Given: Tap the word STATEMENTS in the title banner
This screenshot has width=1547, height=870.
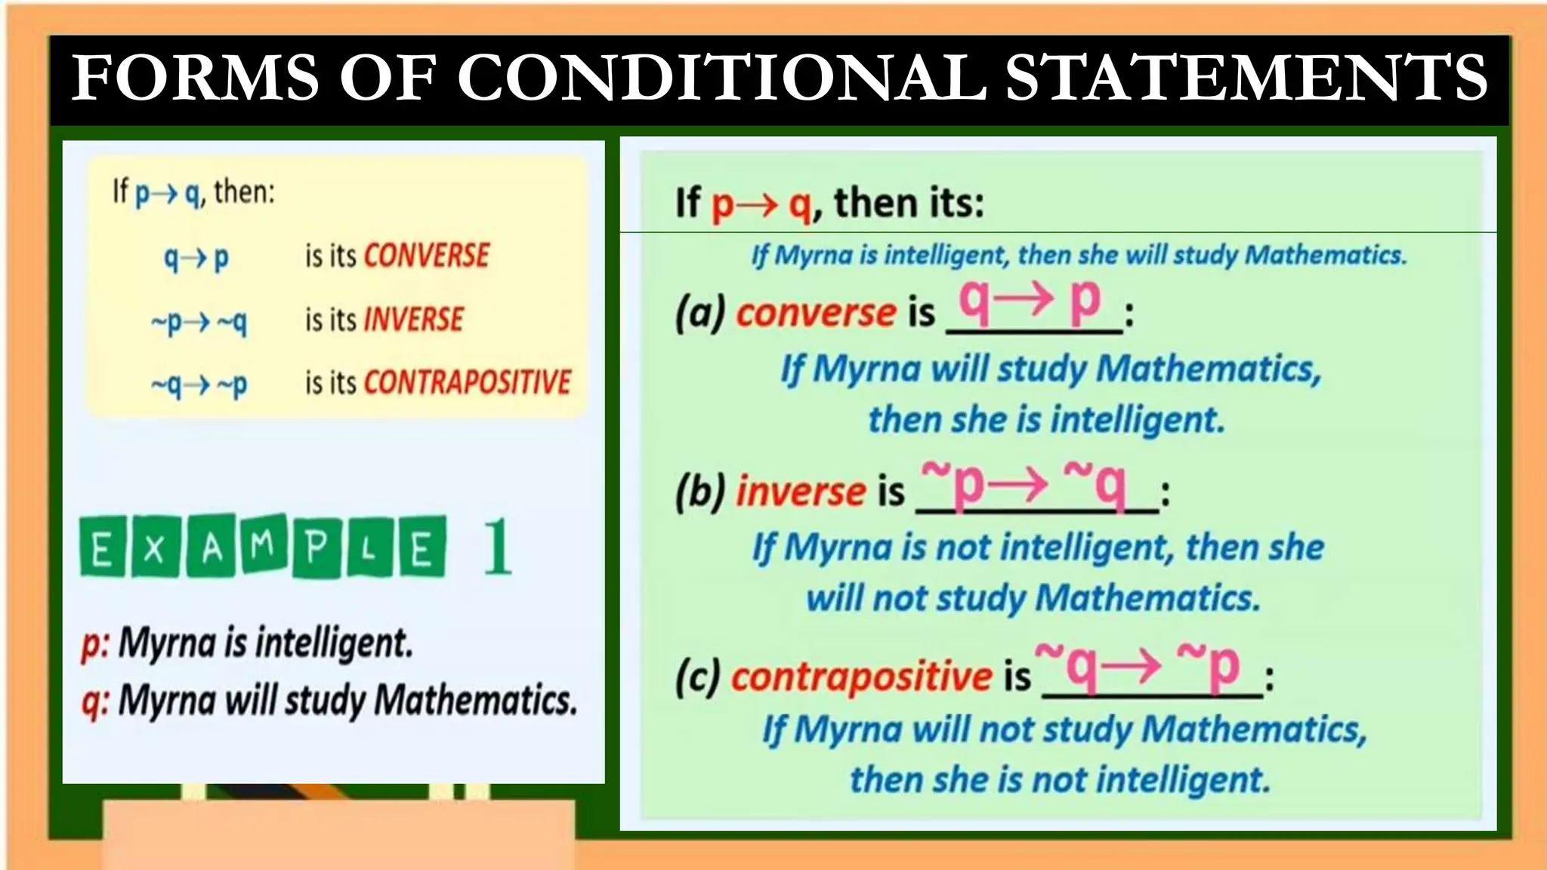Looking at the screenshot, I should (x=1246, y=78).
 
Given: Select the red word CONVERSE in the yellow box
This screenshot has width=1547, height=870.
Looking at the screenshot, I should (x=427, y=256).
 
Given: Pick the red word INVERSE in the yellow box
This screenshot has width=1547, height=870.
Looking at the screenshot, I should (x=414, y=319).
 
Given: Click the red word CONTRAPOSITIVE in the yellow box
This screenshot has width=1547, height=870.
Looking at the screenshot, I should (x=468, y=383).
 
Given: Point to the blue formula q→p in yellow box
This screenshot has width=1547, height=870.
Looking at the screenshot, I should (x=196, y=258).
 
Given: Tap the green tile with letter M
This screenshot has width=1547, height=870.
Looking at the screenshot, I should (x=263, y=544).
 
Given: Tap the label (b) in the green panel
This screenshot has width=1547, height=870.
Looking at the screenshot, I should (x=700, y=491).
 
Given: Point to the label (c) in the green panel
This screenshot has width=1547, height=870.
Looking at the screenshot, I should (x=698, y=676).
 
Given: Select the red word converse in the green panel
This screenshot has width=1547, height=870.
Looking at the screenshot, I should (x=817, y=312).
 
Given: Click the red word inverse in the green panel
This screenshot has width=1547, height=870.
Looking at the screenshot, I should (x=801, y=491).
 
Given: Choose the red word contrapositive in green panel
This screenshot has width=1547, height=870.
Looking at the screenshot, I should (x=861, y=676).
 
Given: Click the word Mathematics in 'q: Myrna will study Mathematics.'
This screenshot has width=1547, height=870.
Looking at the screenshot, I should (x=476, y=700).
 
